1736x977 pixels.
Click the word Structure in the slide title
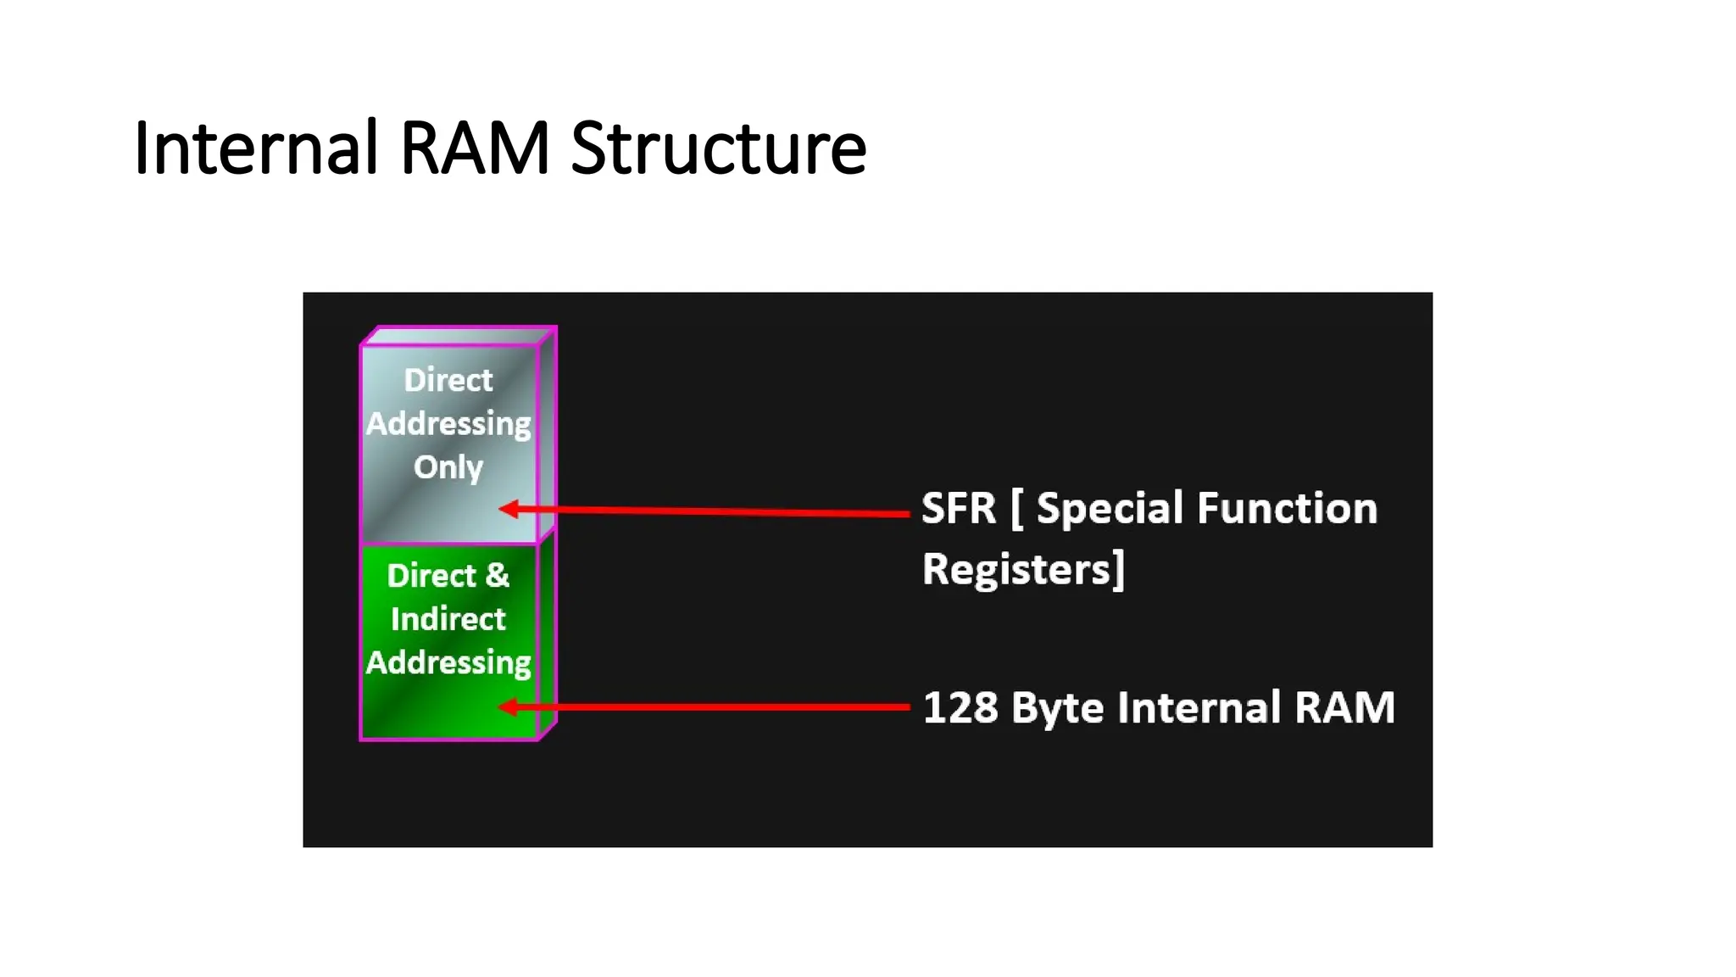[718, 148]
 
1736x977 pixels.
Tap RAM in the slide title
[475, 148]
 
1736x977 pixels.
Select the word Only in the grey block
[448, 467]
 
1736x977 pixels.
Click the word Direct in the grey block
[448, 380]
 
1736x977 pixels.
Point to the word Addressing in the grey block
[448, 423]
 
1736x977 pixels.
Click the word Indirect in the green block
[448, 619]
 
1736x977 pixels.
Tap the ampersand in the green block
[497, 576]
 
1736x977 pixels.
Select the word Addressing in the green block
[448, 662]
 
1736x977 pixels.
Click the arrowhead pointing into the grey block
[509, 509]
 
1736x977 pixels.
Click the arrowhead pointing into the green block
[509, 706]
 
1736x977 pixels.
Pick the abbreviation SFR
[958, 509]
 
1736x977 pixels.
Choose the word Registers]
[1022, 569]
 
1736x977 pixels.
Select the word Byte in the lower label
[1056, 709]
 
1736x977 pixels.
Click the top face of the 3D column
[458, 336]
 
